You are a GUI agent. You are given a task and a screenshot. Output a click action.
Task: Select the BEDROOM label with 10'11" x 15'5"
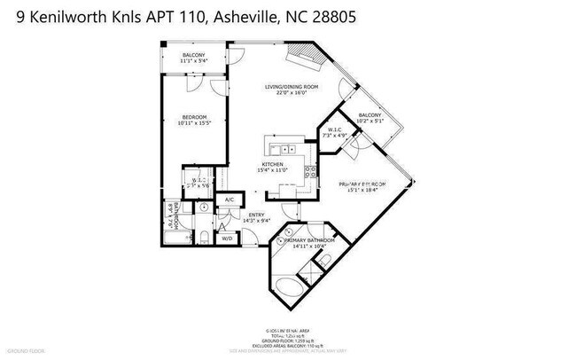click(x=193, y=120)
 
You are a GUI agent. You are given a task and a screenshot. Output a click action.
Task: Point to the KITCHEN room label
click(x=270, y=166)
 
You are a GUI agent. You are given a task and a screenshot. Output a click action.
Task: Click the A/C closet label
click(x=229, y=200)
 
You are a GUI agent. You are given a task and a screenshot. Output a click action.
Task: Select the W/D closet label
click(x=226, y=238)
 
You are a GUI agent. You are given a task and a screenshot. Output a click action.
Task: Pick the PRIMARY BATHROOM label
click(x=308, y=242)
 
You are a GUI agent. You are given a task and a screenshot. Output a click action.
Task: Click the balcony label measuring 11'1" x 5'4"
click(x=192, y=59)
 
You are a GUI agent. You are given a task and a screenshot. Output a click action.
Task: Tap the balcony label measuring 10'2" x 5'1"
click(x=370, y=119)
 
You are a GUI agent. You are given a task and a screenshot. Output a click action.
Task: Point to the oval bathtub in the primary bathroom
click(x=296, y=289)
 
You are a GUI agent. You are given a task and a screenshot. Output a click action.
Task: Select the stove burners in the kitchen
click(x=310, y=171)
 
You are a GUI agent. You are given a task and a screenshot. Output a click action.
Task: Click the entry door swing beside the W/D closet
click(x=250, y=235)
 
